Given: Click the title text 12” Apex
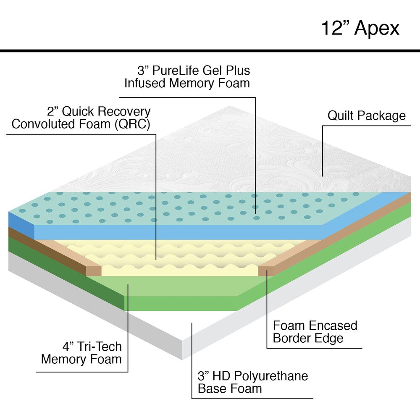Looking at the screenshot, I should click(360, 28).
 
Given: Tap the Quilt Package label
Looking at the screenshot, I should click(367, 115).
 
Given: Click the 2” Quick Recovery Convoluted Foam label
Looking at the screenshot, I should click(81, 118).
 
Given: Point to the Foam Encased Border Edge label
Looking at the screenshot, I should click(315, 331).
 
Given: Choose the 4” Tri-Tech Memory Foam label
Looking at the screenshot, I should click(81, 353).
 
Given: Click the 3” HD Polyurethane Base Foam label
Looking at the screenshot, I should click(253, 382).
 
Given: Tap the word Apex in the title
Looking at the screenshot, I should click(377, 28).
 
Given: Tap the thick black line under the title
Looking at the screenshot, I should click(210, 51).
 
